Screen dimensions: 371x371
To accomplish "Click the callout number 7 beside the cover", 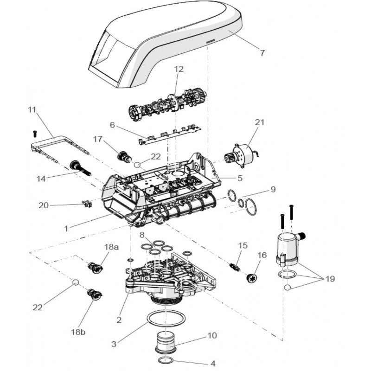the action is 262,52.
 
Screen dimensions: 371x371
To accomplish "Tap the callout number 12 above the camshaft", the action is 179,69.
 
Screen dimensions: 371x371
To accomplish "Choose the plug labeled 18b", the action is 95,294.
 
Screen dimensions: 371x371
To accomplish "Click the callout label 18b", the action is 78,332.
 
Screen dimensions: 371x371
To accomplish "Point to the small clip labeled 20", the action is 87,204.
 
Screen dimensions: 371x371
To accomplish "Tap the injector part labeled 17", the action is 124,156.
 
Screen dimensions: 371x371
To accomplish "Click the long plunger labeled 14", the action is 80,168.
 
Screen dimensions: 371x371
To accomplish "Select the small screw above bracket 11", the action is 34,134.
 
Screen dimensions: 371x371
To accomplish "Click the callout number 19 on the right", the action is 330,279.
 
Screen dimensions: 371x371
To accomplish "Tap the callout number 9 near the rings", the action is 273,189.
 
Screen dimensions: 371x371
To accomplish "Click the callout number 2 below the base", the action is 119,320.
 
